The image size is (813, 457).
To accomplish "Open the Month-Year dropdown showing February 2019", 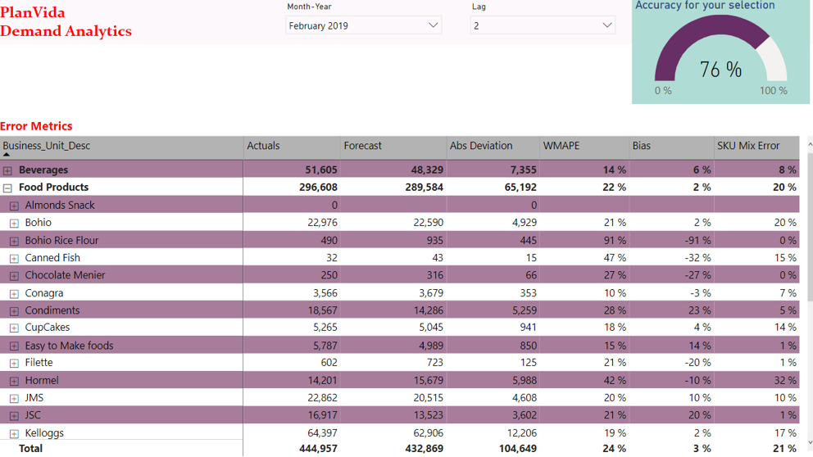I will click(363, 25).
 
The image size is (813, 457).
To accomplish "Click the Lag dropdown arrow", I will click(606, 25).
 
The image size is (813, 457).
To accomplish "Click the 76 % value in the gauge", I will click(720, 70).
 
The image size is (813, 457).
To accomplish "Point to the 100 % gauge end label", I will click(773, 91).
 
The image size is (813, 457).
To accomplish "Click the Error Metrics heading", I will click(36, 126).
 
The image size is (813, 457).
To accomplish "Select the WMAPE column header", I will click(561, 146).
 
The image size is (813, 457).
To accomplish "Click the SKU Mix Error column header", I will click(748, 146).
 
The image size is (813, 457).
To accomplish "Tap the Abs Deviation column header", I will click(481, 146).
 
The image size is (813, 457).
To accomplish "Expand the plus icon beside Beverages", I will click(7, 170).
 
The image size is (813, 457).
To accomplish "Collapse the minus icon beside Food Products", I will click(7, 188).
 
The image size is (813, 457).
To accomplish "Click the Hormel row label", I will click(42, 380).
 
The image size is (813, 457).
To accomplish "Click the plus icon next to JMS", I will click(14, 398).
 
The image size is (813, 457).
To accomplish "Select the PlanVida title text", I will click(33, 12).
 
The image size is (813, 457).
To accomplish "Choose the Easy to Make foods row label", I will click(69, 346).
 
